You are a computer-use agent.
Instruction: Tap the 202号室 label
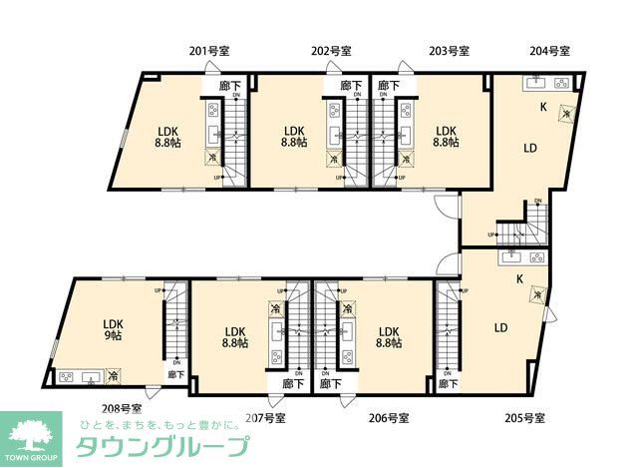pos(330,51)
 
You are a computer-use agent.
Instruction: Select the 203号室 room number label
pos(450,51)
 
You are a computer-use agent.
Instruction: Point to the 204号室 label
pos(549,51)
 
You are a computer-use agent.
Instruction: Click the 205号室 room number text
pos(525,416)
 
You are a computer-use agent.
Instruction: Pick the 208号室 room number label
pos(122,407)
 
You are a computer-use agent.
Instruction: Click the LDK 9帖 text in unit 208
pos(112,330)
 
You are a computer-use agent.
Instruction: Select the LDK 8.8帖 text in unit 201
pos(166,137)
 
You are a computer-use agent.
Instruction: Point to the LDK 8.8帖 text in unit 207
pos(235,339)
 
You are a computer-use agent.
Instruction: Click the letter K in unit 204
pos(543,107)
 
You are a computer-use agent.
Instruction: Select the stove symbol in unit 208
pos(67,377)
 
